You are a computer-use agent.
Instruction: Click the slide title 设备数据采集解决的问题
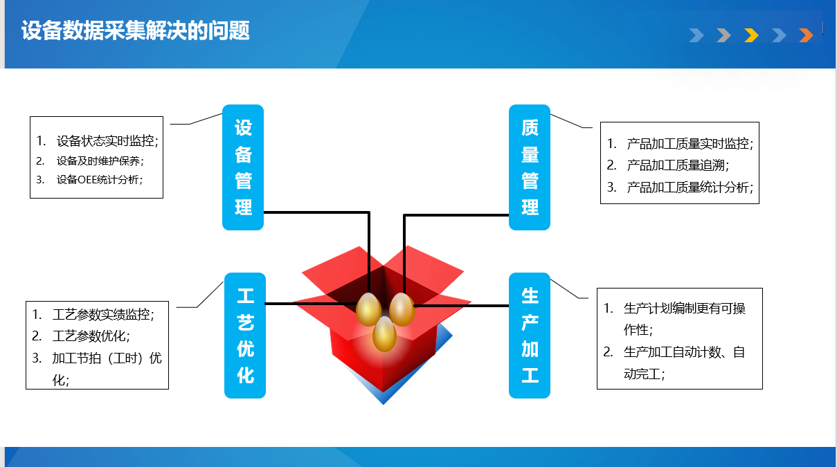point(135,30)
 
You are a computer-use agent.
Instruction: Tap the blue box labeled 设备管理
point(243,167)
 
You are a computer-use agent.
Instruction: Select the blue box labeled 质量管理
point(530,167)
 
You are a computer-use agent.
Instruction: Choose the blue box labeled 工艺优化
point(245,336)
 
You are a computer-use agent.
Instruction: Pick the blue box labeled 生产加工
point(530,336)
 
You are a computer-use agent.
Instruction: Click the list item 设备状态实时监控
point(107,141)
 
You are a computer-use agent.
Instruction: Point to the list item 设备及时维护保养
point(100,161)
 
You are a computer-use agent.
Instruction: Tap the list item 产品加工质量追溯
point(678,165)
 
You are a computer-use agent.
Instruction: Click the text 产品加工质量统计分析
point(690,187)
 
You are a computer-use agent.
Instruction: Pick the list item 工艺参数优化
point(91,336)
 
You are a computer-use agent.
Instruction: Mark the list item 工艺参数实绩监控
point(104,315)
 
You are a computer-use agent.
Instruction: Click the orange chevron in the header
point(806,35)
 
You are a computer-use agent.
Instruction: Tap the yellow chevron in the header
point(751,35)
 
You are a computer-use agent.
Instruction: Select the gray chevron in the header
point(723,35)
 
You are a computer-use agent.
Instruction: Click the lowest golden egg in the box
point(384,334)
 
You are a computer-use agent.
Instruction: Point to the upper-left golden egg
point(368,309)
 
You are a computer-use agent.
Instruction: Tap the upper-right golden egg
point(402,309)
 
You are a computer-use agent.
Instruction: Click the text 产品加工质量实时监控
point(690,144)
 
